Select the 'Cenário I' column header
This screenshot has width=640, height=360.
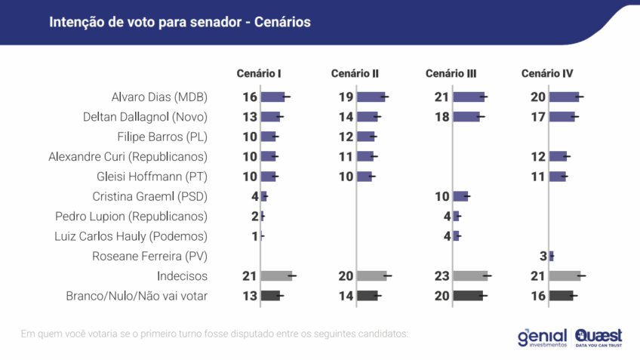[259, 73]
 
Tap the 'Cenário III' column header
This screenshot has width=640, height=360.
[451, 73]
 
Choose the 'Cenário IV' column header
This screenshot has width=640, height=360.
[547, 73]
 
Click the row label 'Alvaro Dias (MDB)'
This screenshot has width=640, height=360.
[159, 97]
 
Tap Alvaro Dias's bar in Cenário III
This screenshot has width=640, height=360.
[469, 97]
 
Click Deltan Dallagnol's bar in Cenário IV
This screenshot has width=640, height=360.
[562, 117]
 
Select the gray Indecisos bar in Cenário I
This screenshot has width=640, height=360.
[276, 276]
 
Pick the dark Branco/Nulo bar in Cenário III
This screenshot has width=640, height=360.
[468, 296]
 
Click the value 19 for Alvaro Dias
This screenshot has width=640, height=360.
[346, 97]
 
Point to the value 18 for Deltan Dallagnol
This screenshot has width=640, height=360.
[441, 117]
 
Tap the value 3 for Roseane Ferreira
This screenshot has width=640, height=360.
[543, 256]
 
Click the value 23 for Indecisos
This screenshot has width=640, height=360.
[441, 276]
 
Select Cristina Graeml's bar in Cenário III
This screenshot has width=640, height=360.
[460, 196]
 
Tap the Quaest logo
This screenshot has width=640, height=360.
[598, 337]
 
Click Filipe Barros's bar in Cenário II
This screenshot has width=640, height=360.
[365, 137]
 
